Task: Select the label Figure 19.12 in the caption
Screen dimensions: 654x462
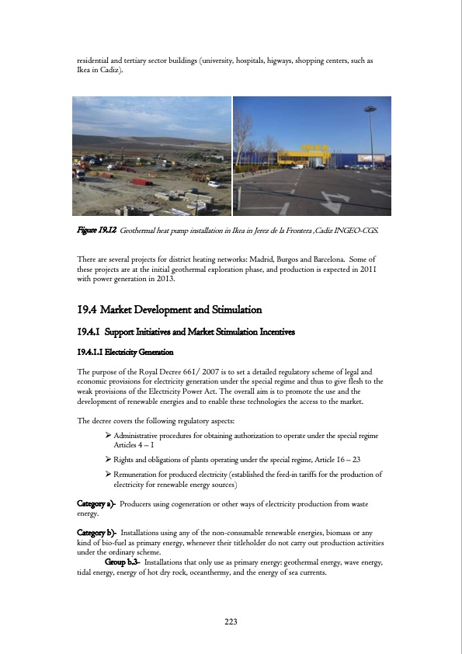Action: point(96,231)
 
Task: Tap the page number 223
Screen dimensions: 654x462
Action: point(231,621)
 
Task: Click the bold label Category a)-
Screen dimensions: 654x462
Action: point(97,504)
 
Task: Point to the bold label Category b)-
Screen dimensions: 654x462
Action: point(98,532)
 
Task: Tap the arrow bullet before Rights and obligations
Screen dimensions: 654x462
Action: point(109,460)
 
